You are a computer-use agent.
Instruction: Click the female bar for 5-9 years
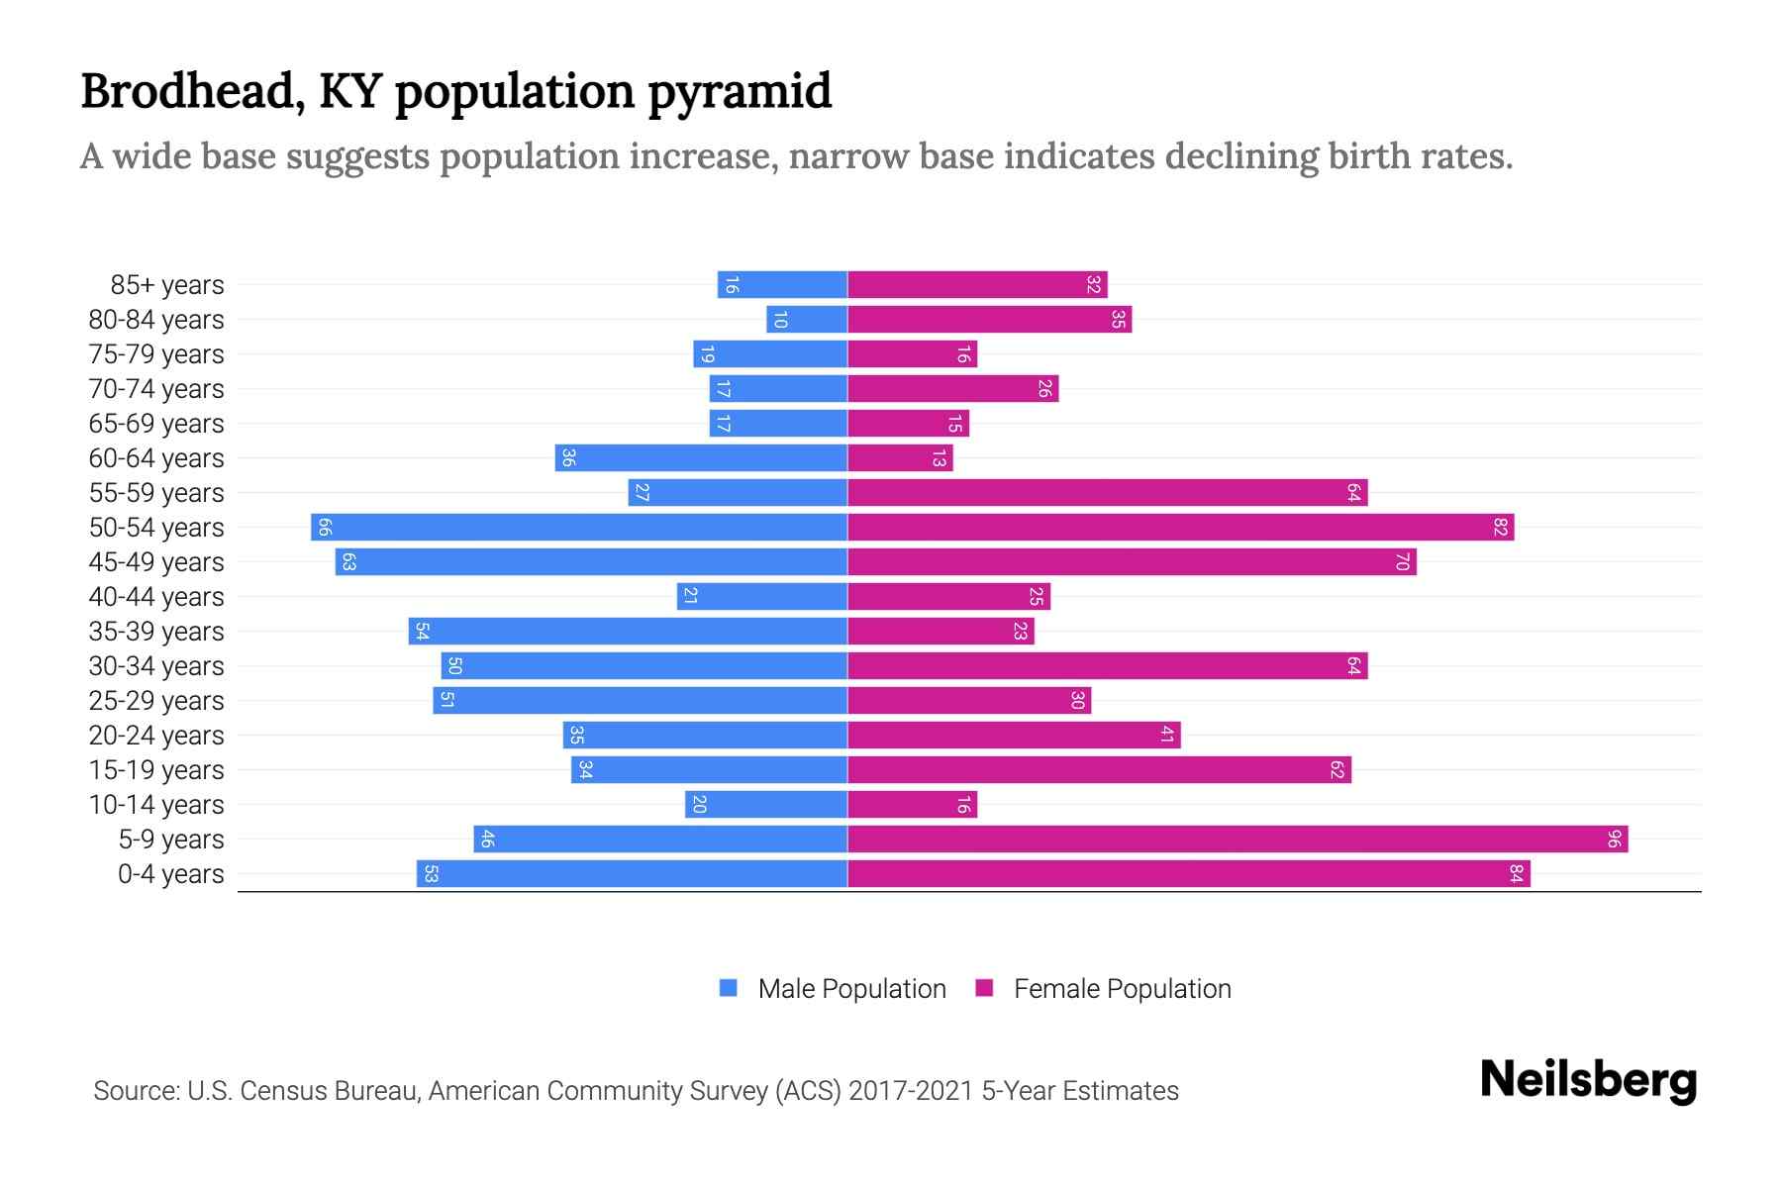(1237, 840)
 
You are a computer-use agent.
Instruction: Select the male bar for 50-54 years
(579, 528)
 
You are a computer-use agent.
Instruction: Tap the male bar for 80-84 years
(807, 320)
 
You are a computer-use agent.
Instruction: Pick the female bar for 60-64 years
(900, 458)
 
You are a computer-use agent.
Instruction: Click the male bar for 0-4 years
(632, 874)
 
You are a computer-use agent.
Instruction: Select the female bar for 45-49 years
(1132, 562)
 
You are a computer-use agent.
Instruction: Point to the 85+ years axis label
(167, 285)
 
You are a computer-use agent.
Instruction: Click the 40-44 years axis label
(156, 597)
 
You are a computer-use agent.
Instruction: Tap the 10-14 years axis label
(156, 805)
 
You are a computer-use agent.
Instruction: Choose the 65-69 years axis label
(156, 424)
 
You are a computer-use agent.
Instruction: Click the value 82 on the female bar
(1500, 528)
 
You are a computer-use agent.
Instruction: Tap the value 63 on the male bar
(348, 562)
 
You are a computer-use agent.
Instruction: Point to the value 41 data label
(1167, 736)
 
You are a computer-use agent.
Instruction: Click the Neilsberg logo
(1588, 1080)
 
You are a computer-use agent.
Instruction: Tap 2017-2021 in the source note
(911, 1091)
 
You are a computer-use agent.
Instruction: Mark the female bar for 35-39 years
(940, 632)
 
